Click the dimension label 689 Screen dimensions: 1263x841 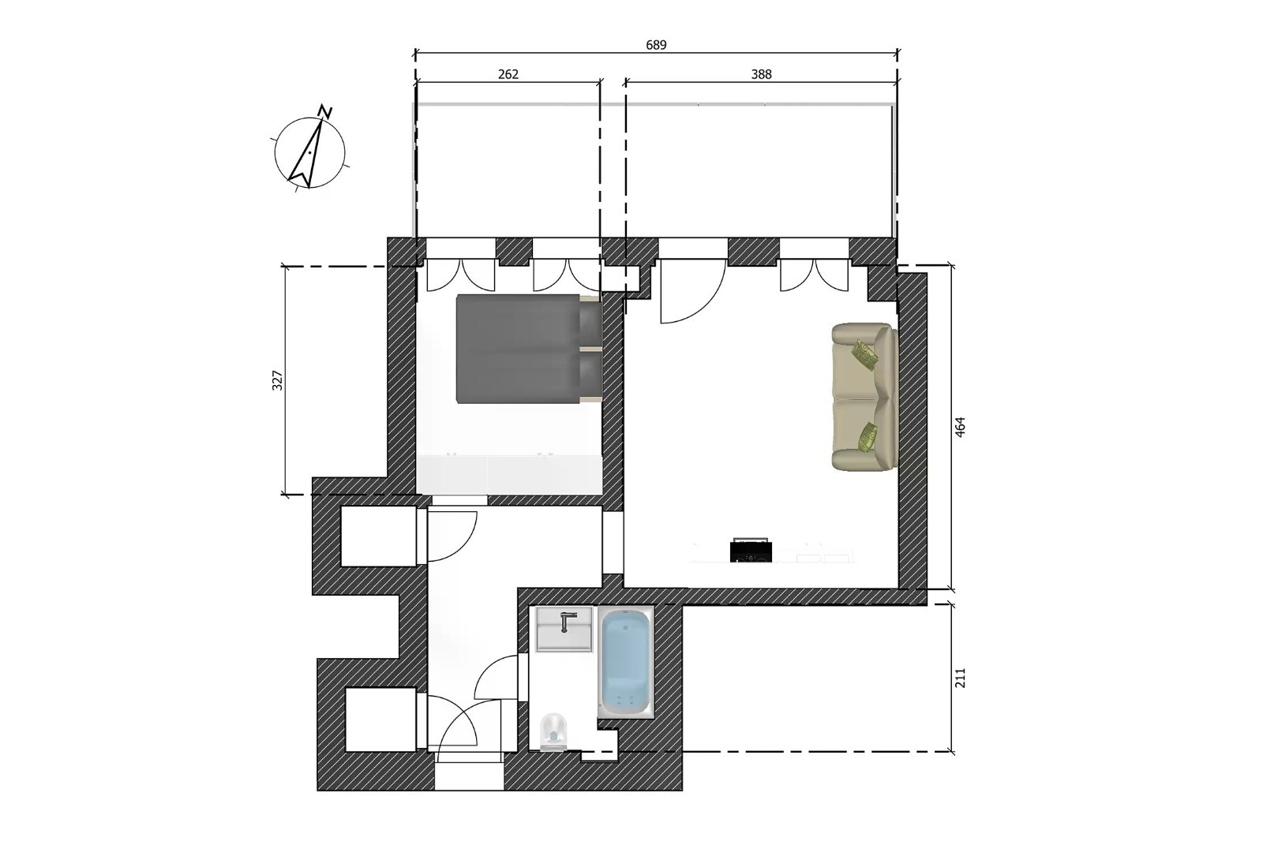656,45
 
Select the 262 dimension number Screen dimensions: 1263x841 508,74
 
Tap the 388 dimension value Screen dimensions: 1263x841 761,74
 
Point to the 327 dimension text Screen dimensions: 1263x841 277,380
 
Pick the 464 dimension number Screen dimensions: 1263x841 960,427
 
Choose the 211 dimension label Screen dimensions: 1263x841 960,678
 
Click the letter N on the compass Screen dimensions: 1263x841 325,111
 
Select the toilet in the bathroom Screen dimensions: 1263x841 553,731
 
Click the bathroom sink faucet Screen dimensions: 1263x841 565,621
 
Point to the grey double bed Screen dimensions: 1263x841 529,349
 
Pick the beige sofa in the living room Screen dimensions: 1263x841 864,397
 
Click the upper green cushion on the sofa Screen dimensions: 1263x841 865,354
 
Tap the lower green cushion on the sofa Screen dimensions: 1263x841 867,437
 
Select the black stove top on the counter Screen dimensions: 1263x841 751,550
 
